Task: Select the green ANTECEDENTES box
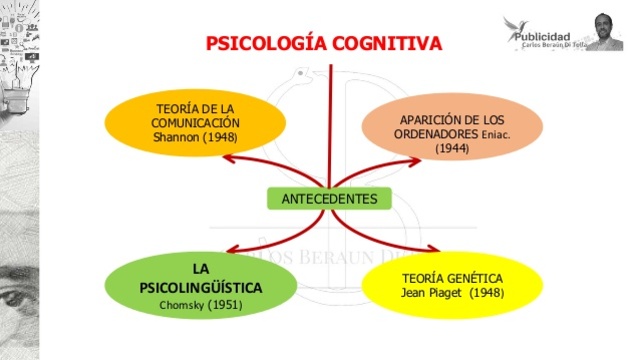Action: [x=329, y=198]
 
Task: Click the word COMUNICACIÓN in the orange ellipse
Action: [x=196, y=121]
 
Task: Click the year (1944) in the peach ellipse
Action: [x=451, y=148]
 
